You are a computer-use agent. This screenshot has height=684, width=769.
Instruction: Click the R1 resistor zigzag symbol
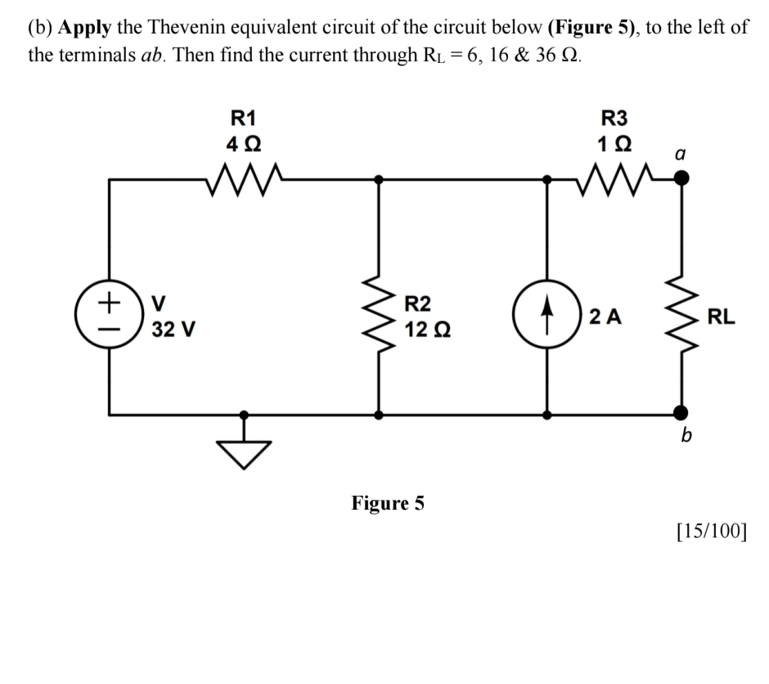[243, 174]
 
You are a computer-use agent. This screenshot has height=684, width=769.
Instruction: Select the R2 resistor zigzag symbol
[378, 319]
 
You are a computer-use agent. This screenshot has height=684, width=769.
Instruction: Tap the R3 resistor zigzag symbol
[613, 174]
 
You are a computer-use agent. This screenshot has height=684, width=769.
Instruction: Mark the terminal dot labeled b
[678, 414]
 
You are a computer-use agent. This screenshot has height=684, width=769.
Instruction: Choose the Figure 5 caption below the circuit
[388, 502]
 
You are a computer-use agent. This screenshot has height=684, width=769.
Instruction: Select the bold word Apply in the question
[85, 27]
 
